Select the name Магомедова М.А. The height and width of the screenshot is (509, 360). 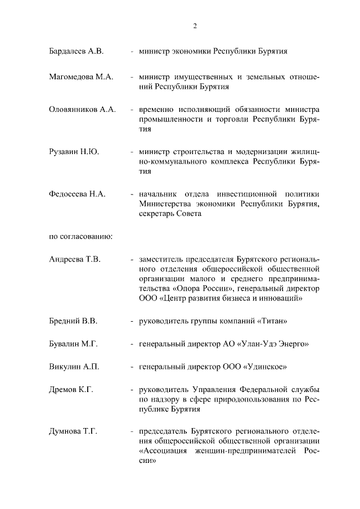coord(81,76)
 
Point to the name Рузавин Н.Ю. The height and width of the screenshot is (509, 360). coord(74,151)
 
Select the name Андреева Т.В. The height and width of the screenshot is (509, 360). coord(75,259)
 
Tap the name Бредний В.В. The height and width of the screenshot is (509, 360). coord(73,321)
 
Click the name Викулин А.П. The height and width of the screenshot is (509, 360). coord(74,367)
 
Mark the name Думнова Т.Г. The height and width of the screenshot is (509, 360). coord(73,431)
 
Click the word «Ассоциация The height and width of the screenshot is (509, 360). coord(165,452)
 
